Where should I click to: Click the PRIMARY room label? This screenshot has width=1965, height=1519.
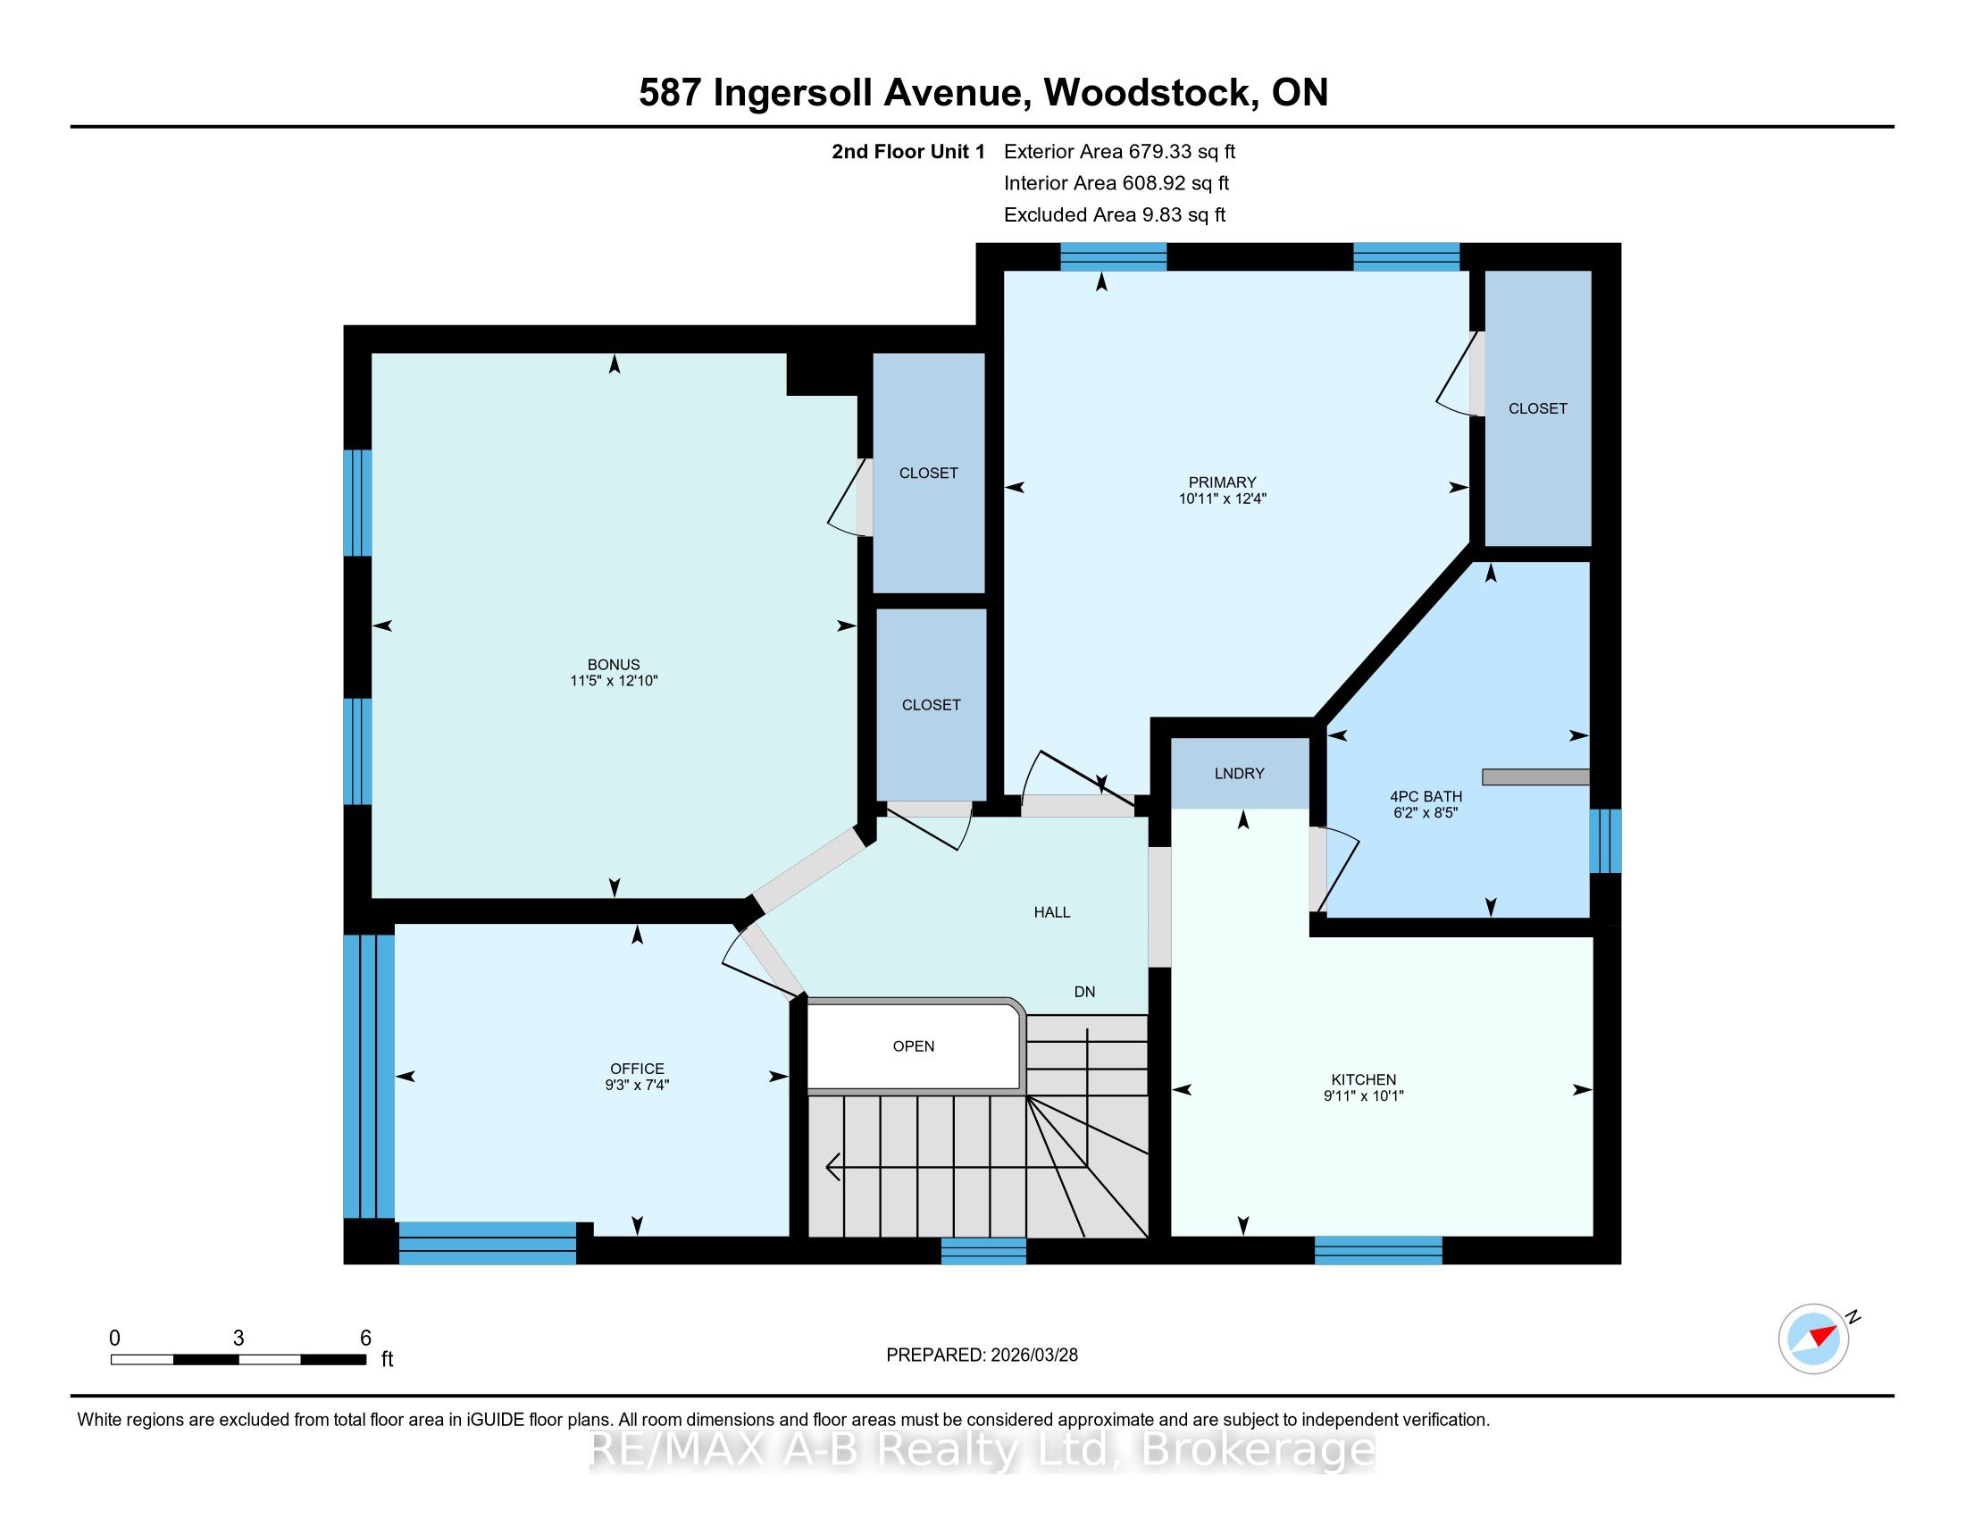click(x=1221, y=483)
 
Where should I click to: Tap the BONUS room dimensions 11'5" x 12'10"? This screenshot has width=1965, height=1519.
click(x=614, y=681)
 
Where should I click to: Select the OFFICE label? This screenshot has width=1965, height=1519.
click(x=637, y=1069)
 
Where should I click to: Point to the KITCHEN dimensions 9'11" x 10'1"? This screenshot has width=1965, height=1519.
click(x=1363, y=1096)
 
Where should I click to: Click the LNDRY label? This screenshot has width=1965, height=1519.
click(x=1239, y=773)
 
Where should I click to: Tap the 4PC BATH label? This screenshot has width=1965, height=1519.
click(x=1426, y=796)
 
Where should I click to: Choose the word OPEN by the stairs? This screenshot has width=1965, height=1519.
click(x=913, y=1045)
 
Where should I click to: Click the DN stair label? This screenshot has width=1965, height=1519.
click(x=1084, y=992)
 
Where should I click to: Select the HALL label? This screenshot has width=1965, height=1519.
click(x=1052, y=912)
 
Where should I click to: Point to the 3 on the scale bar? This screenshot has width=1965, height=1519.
click(x=238, y=1339)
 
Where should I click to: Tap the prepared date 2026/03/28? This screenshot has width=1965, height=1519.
click(x=1033, y=1355)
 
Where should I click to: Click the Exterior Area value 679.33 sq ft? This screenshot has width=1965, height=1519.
click(x=1183, y=151)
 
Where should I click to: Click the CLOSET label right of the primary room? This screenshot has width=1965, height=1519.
click(x=1538, y=408)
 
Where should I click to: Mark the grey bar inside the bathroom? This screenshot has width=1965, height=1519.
click(x=1536, y=776)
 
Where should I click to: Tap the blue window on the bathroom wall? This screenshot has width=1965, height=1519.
click(x=1605, y=841)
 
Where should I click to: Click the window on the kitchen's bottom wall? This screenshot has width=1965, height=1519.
click(x=1378, y=1251)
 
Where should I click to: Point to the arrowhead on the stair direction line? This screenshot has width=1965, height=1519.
click(x=833, y=1167)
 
